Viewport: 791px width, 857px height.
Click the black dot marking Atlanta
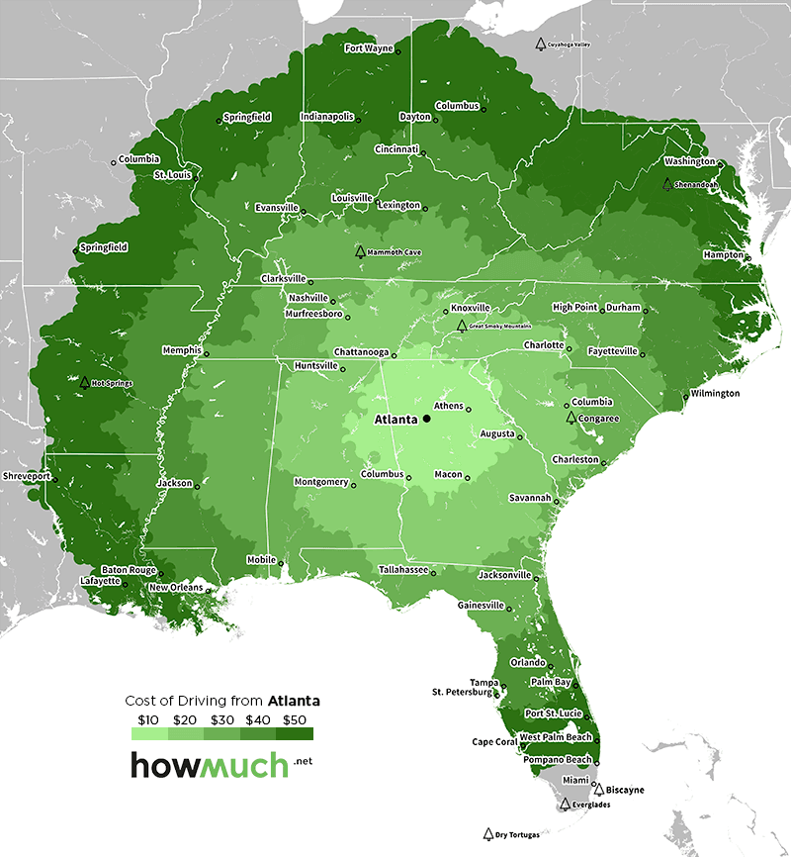(426, 420)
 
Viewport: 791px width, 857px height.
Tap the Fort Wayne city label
(369, 48)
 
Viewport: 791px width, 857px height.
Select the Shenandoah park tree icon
(667, 183)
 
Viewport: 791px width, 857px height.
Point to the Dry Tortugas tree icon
(487, 834)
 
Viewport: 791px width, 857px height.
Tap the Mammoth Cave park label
(395, 252)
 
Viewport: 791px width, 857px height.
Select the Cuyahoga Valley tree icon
(540, 45)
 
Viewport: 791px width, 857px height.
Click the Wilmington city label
(715, 393)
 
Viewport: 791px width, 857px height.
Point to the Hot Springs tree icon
(85, 382)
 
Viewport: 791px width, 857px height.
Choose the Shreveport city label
(26, 475)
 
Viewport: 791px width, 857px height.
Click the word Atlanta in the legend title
(294, 701)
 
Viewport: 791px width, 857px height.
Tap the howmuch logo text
(210, 764)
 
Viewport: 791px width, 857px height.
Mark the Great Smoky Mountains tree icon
(461, 325)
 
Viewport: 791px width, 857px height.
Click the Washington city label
(689, 160)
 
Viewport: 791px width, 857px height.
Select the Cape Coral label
(494, 741)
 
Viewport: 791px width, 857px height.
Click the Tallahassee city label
(403, 569)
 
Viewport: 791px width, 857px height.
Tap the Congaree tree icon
(571, 418)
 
